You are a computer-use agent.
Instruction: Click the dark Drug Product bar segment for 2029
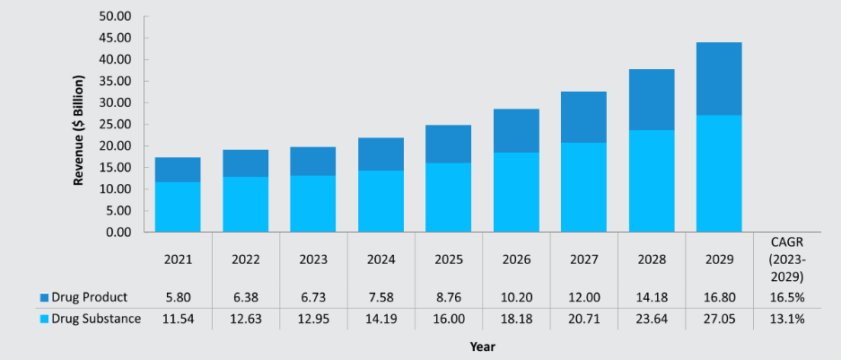tap(719, 79)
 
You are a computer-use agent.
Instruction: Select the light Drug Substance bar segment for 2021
tap(178, 207)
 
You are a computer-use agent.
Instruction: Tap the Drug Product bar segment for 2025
tap(448, 145)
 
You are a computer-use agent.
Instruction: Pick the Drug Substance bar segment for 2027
tap(583, 188)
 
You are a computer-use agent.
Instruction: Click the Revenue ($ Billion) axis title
tap(79, 131)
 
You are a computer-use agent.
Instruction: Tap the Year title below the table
tap(483, 347)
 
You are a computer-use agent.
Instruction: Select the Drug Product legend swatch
tap(44, 297)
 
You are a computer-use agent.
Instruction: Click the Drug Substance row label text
tap(96, 319)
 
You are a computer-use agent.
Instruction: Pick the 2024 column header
tap(381, 259)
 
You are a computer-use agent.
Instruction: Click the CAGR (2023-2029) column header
tap(786, 259)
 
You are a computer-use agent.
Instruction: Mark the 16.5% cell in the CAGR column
tap(786, 297)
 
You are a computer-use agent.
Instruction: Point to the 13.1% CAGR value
tap(786, 320)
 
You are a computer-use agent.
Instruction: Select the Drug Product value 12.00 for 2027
tap(583, 297)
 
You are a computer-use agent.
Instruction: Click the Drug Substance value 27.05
tap(719, 320)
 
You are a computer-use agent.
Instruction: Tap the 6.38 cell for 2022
tap(246, 297)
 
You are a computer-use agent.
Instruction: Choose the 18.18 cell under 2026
tap(516, 320)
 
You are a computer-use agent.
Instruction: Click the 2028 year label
tap(651, 259)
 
